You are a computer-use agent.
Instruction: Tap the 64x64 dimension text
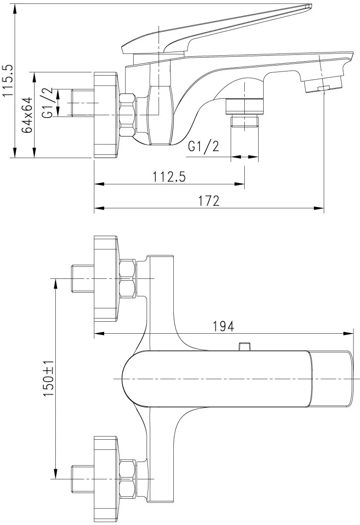[x=28, y=115]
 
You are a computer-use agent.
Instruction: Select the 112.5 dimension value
[x=169, y=177]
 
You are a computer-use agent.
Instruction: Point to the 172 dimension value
[x=209, y=201]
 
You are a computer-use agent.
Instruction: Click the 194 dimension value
[x=224, y=326]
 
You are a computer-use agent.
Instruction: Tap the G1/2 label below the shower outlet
[x=204, y=146]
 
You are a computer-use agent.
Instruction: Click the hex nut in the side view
[x=128, y=115]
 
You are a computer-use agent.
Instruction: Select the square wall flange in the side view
[x=106, y=115]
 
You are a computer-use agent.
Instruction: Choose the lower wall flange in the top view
[x=106, y=479]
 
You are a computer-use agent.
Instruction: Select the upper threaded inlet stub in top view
[x=83, y=278]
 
